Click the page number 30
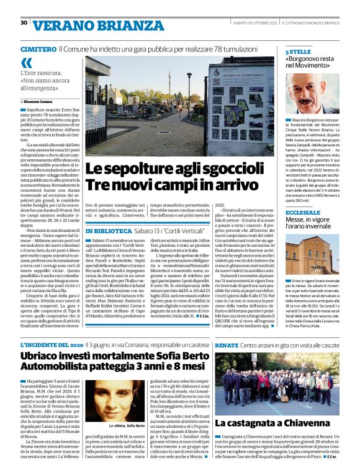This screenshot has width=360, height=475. click(24, 23)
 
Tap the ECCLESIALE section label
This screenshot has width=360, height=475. click(302, 213)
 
